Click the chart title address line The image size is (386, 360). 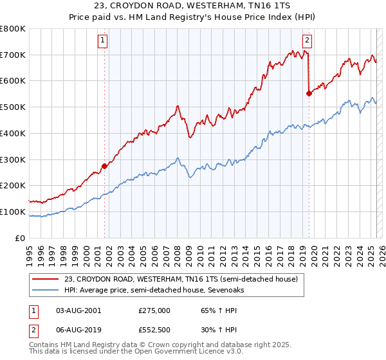click(193, 6)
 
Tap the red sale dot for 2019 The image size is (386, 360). click(309, 93)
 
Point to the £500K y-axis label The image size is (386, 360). click(13, 107)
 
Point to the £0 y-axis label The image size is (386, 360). click(21, 238)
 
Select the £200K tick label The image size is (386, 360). click(13, 185)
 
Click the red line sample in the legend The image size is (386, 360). click(45, 280)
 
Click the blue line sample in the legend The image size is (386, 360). click(45, 290)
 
